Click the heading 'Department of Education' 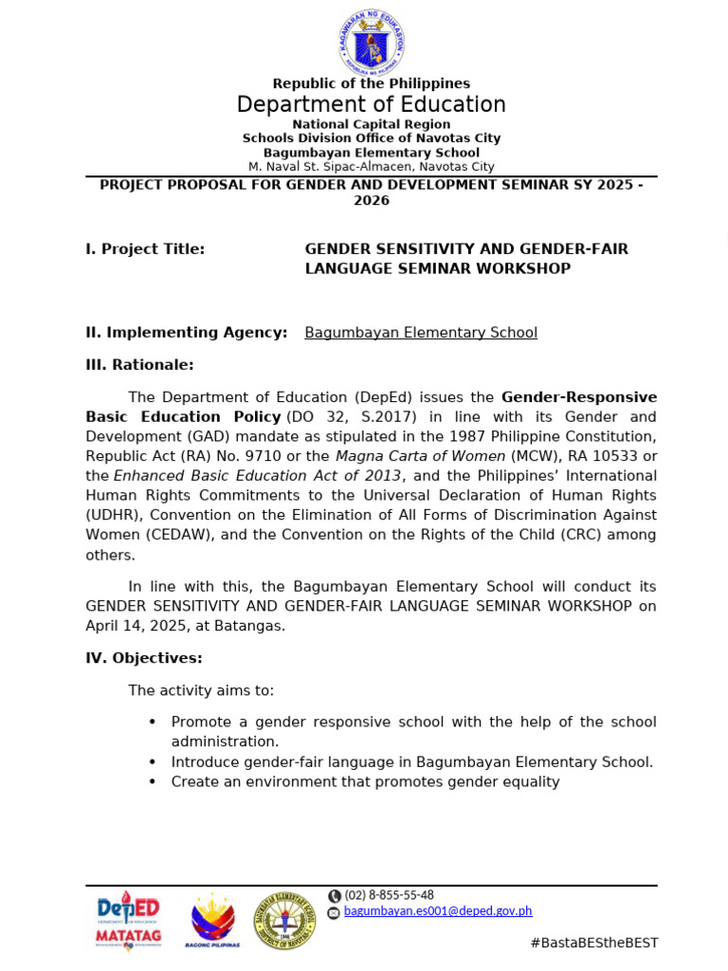coord(372,104)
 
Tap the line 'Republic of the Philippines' coord(372,83)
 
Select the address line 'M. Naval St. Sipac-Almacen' coord(372,166)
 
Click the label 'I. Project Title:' coord(145,249)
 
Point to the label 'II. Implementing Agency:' coord(187,333)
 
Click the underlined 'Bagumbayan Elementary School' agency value coord(421,333)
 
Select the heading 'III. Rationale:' coord(139,365)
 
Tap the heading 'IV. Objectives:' coord(144,658)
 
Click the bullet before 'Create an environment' coord(153,782)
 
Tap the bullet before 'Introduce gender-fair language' coord(153,762)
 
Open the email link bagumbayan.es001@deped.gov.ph coord(438,911)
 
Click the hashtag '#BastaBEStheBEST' coord(593,943)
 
